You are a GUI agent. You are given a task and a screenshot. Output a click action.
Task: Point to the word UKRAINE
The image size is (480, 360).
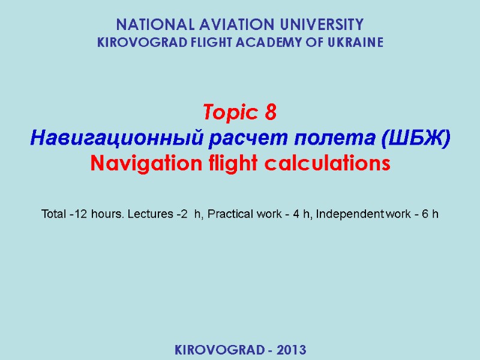click(354, 43)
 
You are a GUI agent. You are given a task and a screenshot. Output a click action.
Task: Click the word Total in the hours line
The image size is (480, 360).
click(53, 214)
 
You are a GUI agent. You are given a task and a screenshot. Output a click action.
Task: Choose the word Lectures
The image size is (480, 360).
click(137, 214)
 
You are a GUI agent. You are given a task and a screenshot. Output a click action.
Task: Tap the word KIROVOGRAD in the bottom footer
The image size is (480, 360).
click(217, 349)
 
